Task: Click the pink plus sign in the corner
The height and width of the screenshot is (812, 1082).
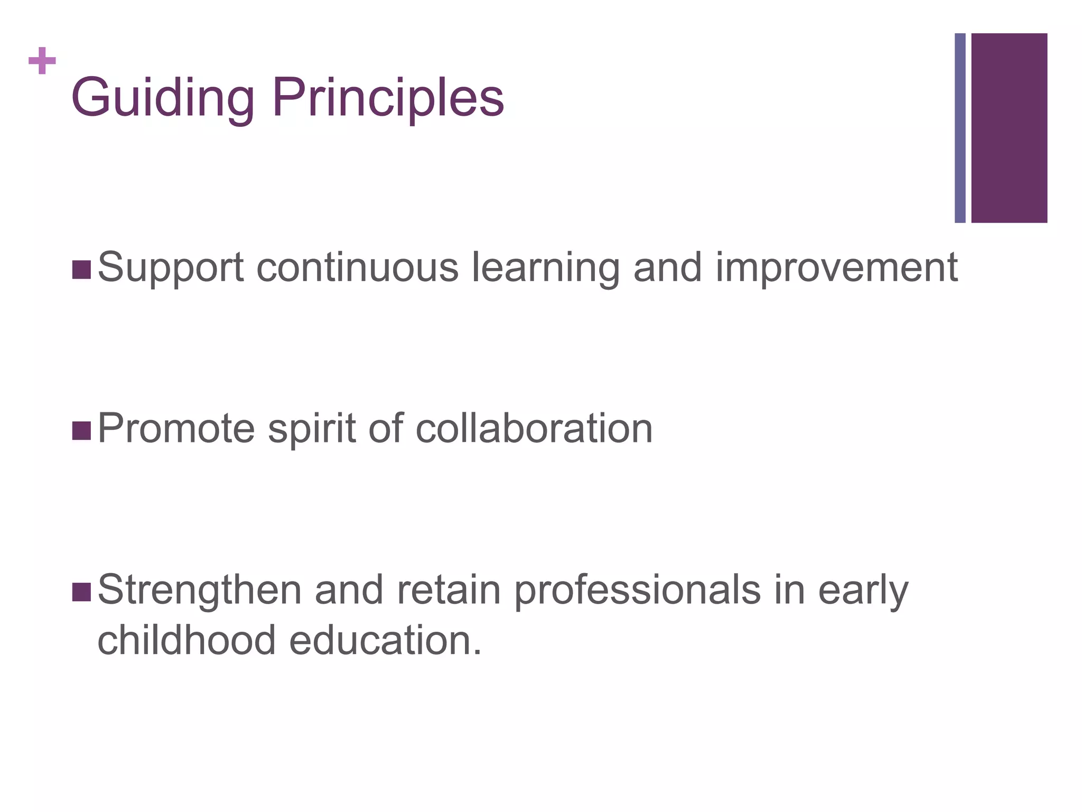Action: click(x=42, y=61)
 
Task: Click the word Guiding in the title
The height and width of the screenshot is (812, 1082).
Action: click(x=163, y=98)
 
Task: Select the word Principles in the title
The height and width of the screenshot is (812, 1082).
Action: click(x=388, y=98)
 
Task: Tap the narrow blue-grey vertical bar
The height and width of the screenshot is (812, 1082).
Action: click(x=960, y=128)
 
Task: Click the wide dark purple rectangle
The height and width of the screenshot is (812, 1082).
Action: click(x=1009, y=128)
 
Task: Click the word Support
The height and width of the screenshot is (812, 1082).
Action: click(x=171, y=269)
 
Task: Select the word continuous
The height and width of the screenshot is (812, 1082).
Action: click(x=357, y=267)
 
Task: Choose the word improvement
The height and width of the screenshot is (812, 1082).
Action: click(x=836, y=269)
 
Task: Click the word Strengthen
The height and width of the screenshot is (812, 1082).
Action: click(x=200, y=591)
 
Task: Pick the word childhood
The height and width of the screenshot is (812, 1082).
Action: click(x=186, y=640)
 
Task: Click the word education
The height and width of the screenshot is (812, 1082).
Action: click(x=385, y=640)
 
